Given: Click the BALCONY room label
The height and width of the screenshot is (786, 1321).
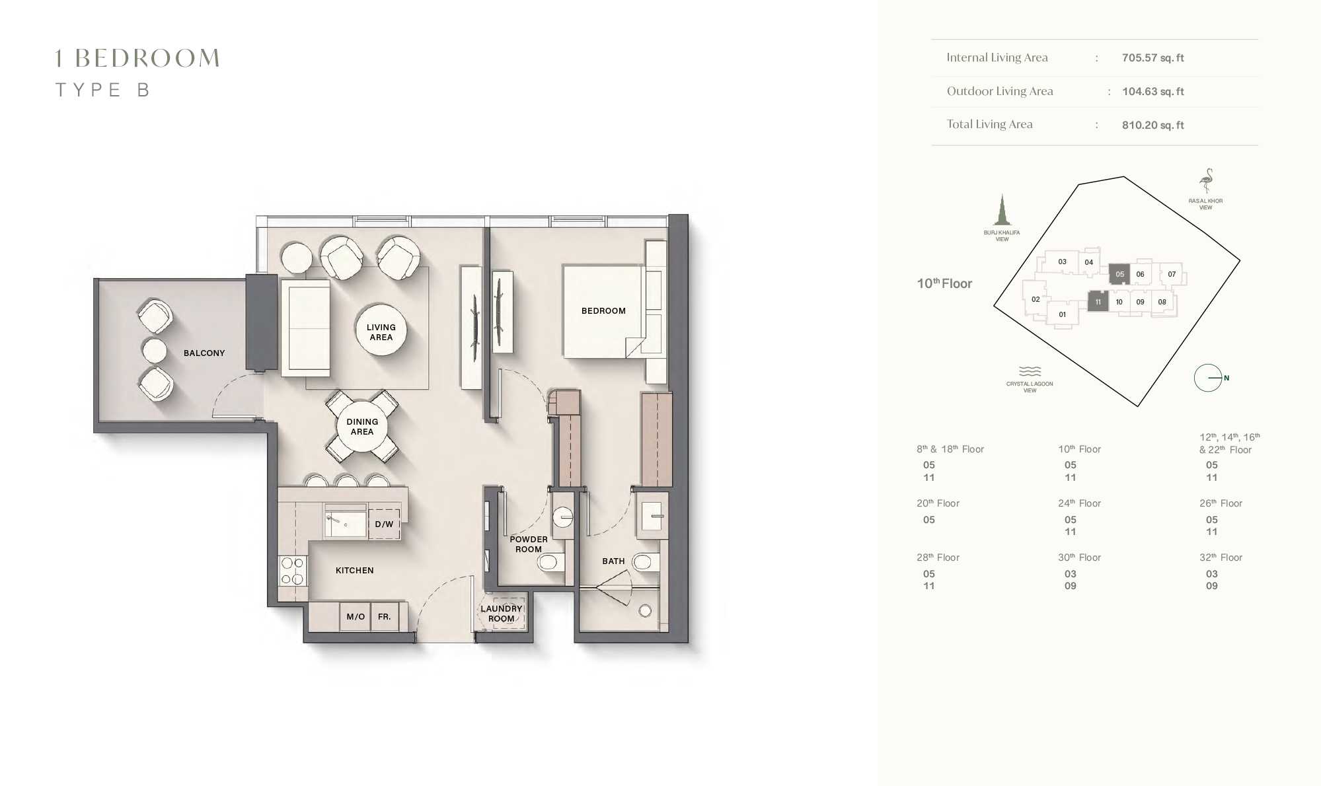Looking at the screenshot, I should [204, 353].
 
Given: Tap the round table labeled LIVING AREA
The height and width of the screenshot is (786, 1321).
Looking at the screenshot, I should [381, 330].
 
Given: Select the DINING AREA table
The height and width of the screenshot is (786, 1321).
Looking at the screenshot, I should [362, 427].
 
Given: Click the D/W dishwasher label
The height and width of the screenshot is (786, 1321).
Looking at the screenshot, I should [384, 524].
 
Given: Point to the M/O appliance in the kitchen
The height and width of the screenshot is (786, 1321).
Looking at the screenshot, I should [356, 617].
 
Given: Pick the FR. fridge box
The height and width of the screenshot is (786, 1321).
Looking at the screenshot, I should [385, 617].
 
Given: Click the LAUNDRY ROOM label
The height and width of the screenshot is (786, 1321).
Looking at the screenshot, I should [501, 614].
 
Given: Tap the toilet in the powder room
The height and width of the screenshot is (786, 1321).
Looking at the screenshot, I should [549, 563].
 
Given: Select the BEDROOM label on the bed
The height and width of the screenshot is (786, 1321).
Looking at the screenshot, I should [603, 311].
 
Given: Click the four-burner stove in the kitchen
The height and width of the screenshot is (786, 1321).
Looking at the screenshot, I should [292, 571].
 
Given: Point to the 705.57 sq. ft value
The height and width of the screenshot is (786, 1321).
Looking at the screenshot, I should [1152, 58].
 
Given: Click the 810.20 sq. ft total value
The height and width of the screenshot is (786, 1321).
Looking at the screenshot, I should [1152, 125].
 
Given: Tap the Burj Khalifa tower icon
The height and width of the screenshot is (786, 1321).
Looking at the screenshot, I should [1002, 211].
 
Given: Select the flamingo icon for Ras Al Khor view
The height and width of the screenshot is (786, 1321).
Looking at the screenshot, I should [1207, 181].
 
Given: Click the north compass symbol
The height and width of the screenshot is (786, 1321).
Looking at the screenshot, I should [1208, 378].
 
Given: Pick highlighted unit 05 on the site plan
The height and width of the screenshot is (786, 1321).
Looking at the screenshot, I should [1119, 274].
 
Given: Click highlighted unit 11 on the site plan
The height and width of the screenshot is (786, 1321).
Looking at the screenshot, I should [1098, 302].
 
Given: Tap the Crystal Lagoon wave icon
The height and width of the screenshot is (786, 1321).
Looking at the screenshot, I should [1030, 371].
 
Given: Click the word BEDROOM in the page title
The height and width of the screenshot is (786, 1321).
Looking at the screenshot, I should [147, 58].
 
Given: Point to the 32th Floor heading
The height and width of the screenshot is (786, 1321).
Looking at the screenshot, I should [1221, 557].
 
